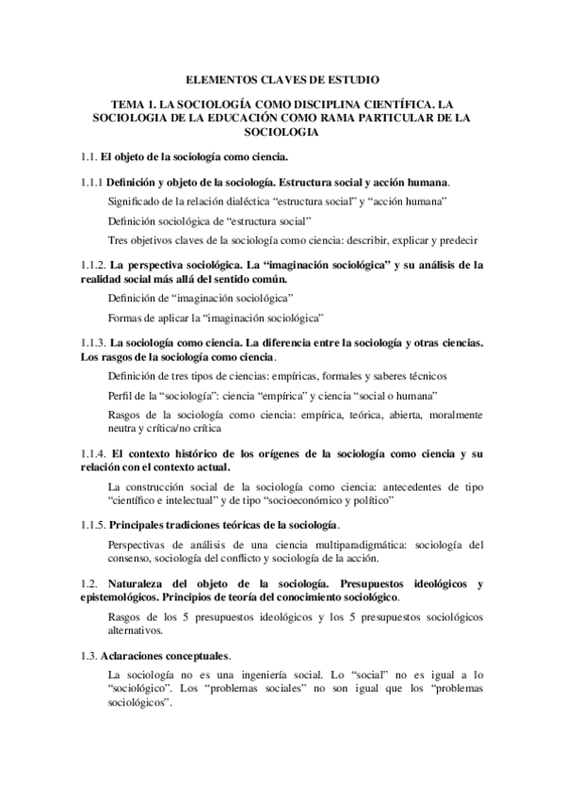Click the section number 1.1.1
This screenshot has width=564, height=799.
coord(90,181)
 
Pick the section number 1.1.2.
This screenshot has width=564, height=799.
coord(92,264)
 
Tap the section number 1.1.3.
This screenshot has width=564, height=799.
coord(92,344)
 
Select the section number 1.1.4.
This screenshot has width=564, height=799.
coord(92,453)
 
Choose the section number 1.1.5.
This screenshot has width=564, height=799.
coord(92,524)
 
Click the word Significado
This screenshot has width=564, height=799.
coord(137,202)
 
